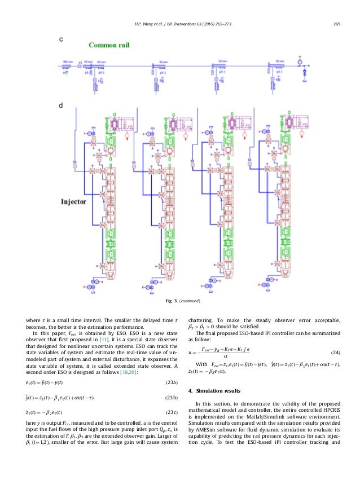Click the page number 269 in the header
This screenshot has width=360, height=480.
[x=336, y=23]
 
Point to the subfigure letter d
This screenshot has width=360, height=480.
[x=61, y=105]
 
